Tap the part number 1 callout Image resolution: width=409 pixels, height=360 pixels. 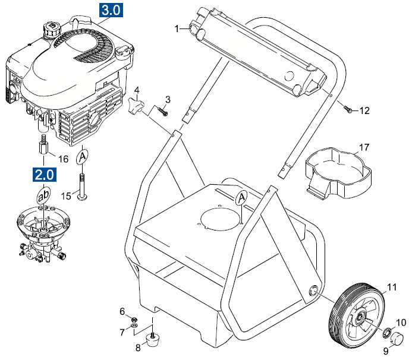[x=177, y=29]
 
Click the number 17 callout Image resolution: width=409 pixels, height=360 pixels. [x=364, y=147]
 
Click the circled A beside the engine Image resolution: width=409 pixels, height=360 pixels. [x=83, y=156]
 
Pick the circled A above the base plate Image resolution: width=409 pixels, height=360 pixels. [x=241, y=197]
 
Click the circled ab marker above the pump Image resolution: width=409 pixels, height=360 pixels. [x=43, y=195]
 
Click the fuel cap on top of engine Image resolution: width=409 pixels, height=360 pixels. [x=49, y=29]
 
